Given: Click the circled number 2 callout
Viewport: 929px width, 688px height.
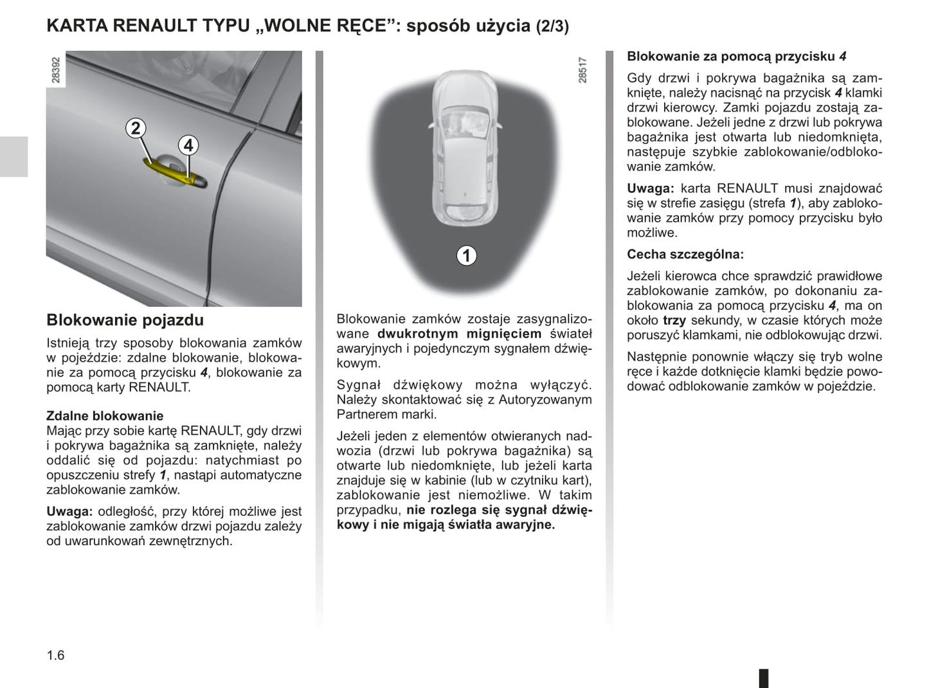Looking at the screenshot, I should [x=135, y=129].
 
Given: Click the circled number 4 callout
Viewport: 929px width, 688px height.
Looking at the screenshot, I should [x=188, y=145].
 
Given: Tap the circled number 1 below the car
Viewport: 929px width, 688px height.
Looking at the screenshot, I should [x=466, y=255].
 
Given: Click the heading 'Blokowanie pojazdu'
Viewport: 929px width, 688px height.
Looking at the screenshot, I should [x=125, y=320].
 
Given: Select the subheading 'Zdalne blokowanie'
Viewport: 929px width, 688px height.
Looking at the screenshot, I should [x=105, y=416].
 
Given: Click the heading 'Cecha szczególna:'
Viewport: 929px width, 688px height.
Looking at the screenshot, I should [x=685, y=255].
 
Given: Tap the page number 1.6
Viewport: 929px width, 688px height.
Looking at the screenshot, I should [x=56, y=655].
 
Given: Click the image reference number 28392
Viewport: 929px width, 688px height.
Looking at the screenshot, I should [x=56, y=70].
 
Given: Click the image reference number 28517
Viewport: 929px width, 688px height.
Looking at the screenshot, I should [x=582, y=70].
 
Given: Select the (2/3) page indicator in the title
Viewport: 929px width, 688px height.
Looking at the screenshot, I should [x=552, y=27].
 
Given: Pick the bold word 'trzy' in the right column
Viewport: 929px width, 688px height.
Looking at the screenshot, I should [x=674, y=320].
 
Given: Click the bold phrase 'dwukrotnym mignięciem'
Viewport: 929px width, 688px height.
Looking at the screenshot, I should [x=459, y=334].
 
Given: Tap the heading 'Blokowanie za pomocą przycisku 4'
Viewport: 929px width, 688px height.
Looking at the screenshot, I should [x=736, y=57].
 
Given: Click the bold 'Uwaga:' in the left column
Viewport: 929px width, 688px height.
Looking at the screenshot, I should [x=69, y=512].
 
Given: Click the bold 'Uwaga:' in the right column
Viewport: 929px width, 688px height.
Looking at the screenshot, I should [x=650, y=188].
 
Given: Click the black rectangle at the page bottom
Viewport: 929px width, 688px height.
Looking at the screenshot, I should [x=764, y=678].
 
